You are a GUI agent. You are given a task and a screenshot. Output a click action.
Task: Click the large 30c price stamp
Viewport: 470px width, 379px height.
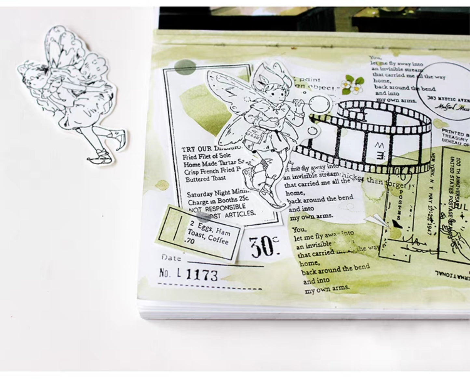[x=264, y=246]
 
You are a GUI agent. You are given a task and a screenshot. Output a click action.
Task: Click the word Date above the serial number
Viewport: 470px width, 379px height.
[x=171, y=258]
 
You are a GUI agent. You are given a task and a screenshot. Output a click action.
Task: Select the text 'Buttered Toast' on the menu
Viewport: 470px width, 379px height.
[x=206, y=178]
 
